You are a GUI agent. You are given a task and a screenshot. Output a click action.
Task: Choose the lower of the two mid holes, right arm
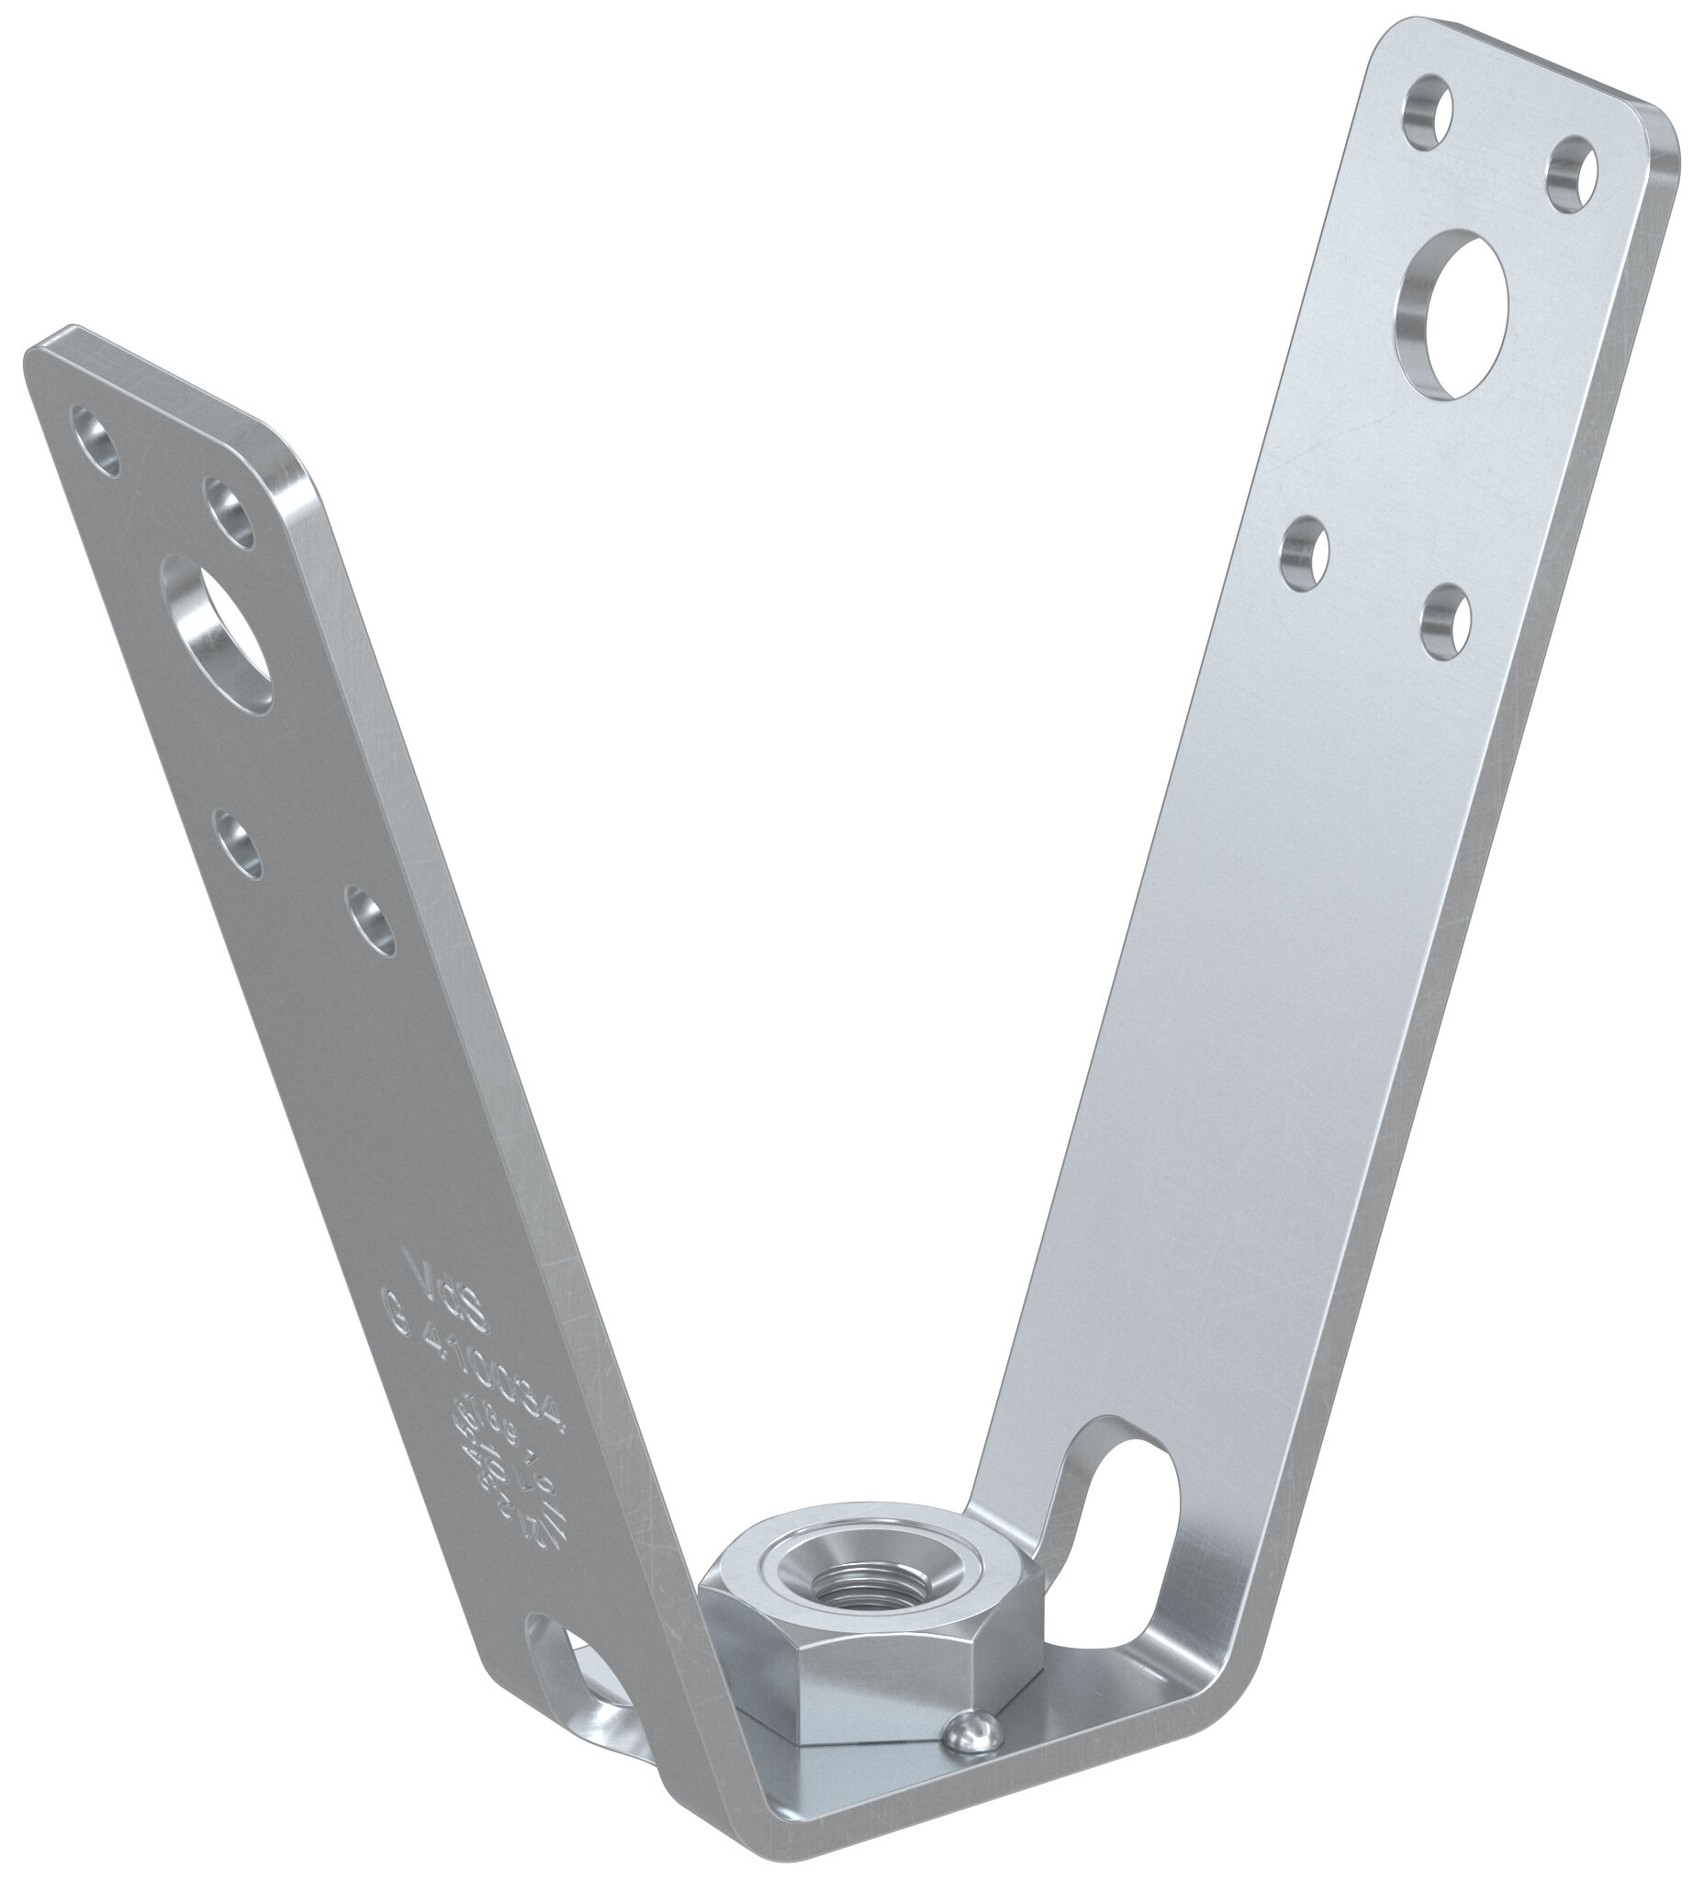[1445, 619]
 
